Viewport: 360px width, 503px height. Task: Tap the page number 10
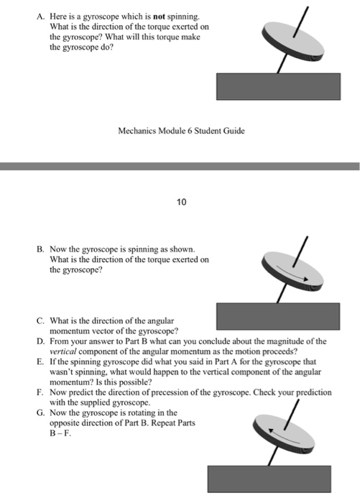(181, 202)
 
